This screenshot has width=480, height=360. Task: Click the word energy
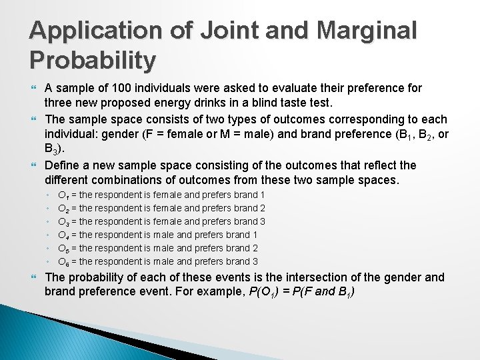[x=182, y=103]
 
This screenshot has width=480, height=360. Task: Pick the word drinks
[x=221, y=103]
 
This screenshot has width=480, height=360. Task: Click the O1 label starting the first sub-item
[x=63, y=195]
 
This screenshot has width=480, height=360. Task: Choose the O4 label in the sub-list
[x=63, y=235]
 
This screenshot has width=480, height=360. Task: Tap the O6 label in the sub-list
[x=63, y=262]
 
